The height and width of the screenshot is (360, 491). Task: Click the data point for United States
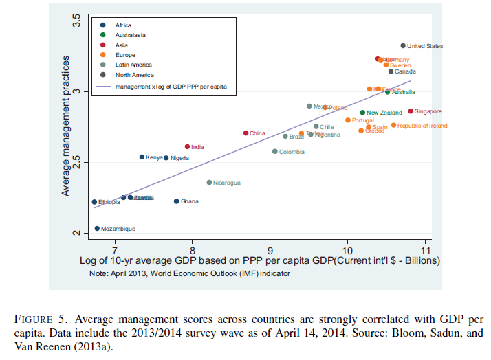click(x=403, y=46)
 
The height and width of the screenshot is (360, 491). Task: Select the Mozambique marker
click(x=97, y=229)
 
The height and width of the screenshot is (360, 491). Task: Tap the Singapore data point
click(x=411, y=111)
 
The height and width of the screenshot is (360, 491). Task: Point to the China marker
click(x=245, y=133)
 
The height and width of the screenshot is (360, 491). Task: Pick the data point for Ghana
click(x=176, y=201)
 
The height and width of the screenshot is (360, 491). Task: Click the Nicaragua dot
click(x=209, y=183)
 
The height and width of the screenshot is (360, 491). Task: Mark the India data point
click(x=187, y=146)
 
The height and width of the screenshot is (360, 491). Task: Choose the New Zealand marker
click(x=362, y=113)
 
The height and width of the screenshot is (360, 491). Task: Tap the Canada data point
click(x=391, y=71)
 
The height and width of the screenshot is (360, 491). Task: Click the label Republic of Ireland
click(x=422, y=126)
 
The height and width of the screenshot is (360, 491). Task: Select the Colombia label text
click(x=292, y=152)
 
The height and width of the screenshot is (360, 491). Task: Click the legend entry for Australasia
click(x=131, y=34)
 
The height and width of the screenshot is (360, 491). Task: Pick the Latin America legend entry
click(x=134, y=64)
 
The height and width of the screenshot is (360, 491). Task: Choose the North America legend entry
click(x=135, y=74)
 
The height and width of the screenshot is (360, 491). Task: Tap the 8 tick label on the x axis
click(x=192, y=249)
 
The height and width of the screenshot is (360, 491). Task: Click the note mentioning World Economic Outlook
click(x=190, y=273)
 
